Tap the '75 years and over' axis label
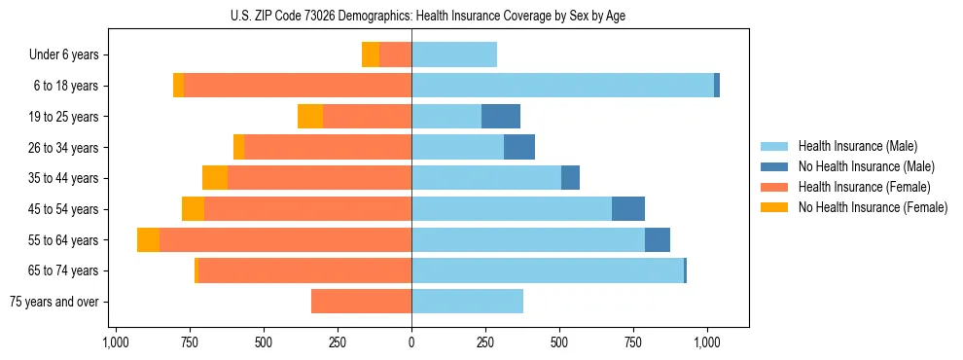tap(54, 302)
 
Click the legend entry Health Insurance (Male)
tap(856, 146)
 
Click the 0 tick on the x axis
tap(411, 342)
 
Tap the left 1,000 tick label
tap(116, 342)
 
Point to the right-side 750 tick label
tap(633, 342)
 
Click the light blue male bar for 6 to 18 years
tap(562, 86)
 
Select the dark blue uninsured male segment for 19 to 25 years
tap(501, 117)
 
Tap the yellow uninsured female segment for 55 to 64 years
tap(148, 240)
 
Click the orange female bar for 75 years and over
tap(361, 302)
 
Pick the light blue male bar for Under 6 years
tap(454, 55)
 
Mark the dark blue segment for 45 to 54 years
tap(628, 209)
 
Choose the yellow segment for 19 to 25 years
tap(310, 117)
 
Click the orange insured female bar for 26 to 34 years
tap(328, 148)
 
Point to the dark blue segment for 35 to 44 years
tap(570, 178)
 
